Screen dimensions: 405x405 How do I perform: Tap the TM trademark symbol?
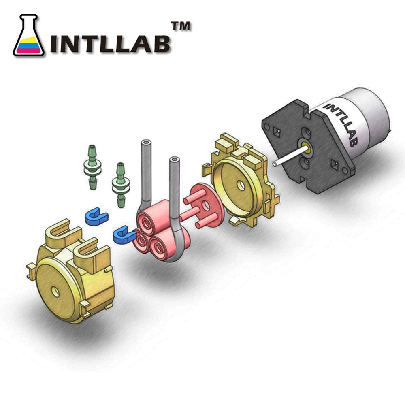[181, 27]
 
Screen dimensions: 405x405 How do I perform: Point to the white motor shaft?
[287, 158]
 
